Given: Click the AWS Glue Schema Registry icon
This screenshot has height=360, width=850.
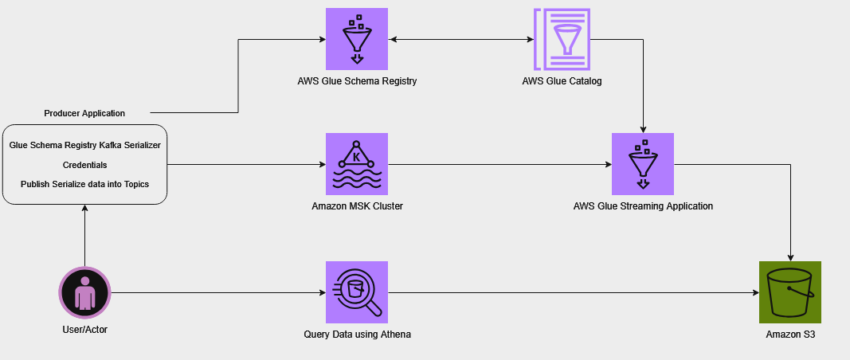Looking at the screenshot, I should [x=357, y=39].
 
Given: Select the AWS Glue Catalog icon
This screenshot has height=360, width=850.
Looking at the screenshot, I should [x=562, y=39].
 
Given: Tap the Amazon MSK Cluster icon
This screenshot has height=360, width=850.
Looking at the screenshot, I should [x=357, y=164].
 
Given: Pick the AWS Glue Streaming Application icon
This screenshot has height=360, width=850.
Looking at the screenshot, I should [x=643, y=164].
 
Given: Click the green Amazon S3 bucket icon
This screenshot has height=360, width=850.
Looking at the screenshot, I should [x=789, y=292].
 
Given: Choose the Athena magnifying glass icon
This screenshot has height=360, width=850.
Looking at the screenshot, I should [x=357, y=292].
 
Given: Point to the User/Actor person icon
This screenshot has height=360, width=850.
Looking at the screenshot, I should [x=84, y=292].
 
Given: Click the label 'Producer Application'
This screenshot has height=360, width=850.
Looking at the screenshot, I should [x=84, y=113].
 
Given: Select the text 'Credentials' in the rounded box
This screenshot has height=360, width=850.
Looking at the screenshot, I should [x=84, y=165].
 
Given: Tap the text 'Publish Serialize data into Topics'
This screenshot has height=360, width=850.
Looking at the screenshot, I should [x=84, y=184].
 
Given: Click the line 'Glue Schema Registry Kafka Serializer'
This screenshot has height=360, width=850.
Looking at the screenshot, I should [x=84, y=146].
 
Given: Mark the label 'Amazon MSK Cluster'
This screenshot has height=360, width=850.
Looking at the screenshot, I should [x=357, y=206].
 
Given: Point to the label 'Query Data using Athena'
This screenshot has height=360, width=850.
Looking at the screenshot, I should [x=357, y=335].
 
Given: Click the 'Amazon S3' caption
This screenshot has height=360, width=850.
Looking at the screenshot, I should [x=789, y=335].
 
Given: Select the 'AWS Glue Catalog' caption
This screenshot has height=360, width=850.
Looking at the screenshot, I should [x=562, y=81].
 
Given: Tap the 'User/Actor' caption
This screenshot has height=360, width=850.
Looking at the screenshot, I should [x=84, y=329].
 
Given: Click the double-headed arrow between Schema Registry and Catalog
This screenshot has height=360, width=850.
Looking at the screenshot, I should [x=460, y=39].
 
